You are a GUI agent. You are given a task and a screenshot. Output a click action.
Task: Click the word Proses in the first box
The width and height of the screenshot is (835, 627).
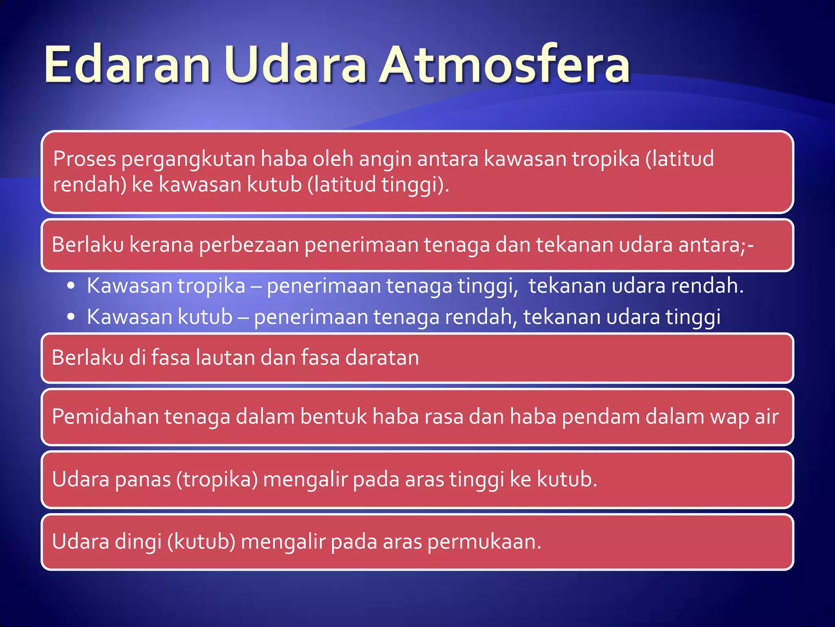85,159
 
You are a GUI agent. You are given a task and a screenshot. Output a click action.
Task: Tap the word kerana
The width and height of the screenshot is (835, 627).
161,245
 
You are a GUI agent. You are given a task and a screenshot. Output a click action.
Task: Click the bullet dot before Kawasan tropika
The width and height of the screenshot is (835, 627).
71,286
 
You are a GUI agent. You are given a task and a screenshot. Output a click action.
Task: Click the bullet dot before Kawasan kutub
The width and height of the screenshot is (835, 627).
71,317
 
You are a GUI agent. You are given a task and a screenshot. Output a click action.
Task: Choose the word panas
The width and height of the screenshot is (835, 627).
142,480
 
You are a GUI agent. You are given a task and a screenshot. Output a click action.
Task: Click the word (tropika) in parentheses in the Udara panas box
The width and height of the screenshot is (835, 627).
217,480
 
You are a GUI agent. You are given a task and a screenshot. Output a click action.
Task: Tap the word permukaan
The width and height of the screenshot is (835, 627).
484,543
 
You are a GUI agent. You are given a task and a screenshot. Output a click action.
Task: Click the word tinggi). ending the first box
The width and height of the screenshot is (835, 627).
415,185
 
